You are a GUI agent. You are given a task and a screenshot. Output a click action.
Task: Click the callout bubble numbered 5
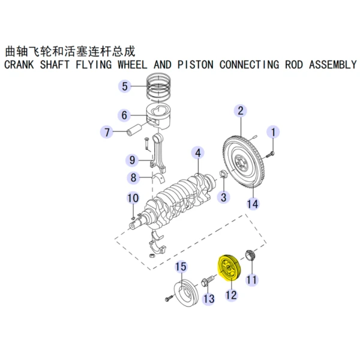(x=124, y=86)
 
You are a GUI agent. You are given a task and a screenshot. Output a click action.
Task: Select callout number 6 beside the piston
(x=124, y=115)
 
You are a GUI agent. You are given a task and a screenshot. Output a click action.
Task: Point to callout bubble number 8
(x=133, y=178)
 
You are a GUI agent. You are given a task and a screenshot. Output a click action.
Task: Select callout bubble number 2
(x=240, y=110)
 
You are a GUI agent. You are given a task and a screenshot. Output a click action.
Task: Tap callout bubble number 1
(x=274, y=132)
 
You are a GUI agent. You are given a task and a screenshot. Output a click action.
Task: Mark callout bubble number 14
(x=253, y=204)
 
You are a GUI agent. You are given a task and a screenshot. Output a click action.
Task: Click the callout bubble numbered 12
(x=231, y=295)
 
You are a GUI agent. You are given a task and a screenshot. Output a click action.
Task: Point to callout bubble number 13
(x=208, y=298)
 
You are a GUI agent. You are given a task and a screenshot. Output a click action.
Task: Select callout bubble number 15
(x=181, y=266)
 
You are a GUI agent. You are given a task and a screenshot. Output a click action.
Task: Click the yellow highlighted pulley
(x=227, y=268)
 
